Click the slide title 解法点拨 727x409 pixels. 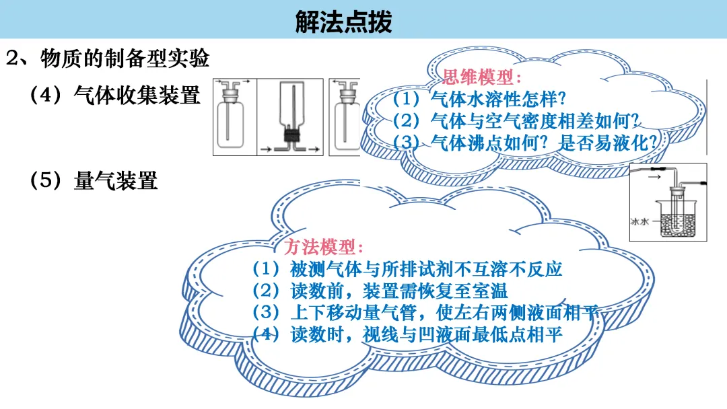pyautogui.click(x=343, y=22)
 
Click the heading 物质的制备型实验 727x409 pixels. pyautogui.click(x=125, y=59)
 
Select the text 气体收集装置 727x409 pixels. pyautogui.click(x=137, y=95)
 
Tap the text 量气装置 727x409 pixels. pyautogui.click(x=116, y=180)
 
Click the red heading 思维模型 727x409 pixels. pyautogui.click(x=477, y=77)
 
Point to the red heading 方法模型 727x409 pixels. pyautogui.click(x=320, y=247)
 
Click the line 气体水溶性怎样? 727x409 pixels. pyautogui.click(x=498, y=99)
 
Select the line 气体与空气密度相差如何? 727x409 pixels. pyautogui.click(x=536, y=121)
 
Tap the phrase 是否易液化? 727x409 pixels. pyautogui.click(x=608, y=143)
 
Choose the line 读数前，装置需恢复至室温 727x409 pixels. pyautogui.click(x=399, y=291)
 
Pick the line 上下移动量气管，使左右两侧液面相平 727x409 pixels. pyautogui.click(x=445, y=313)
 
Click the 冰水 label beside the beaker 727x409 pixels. pyautogui.click(x=639, y=222)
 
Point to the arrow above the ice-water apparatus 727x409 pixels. pyautogui.click(x=654, y=176)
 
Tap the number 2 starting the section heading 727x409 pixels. pyautogui.click(x=12, y=59)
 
